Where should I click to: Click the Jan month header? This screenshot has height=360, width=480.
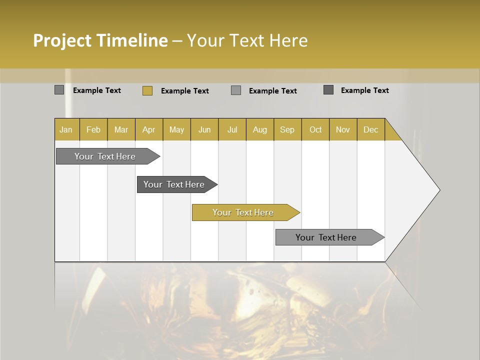point(66,129)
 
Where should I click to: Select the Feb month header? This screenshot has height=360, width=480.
point(93,129)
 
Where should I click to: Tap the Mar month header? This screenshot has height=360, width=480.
point(121,129)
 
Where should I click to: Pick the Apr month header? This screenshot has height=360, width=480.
point(149,129)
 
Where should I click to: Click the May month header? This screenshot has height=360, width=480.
point(176,129)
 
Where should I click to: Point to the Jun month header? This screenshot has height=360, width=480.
point(204,129)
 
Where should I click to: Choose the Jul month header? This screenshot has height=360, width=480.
point(232,129)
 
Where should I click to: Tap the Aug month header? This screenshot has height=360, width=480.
point(260,129)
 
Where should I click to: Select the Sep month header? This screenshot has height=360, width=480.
point(287,129)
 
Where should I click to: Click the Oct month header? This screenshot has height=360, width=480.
point(315,129)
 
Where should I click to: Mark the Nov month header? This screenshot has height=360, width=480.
point(343,129)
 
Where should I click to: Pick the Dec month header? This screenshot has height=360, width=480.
point(371,129)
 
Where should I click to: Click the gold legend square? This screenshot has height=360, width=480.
point(147,90)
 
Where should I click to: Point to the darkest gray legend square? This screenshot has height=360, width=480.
point(328,90)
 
